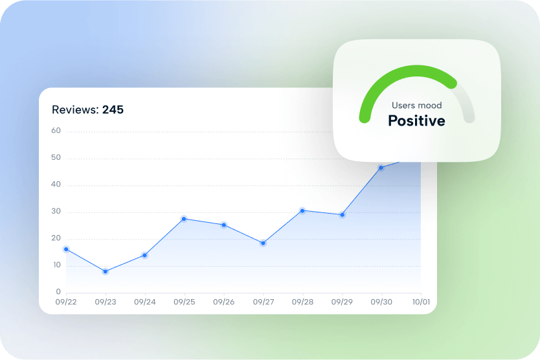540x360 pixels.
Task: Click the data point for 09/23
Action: point(106,271)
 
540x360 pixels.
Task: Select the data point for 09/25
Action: point(184,219)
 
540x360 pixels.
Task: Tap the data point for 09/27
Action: point(263,243)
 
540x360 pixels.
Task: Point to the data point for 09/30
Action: point(381,168)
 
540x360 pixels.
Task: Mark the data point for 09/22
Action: point(66,249)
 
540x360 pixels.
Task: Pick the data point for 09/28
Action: point(302,210)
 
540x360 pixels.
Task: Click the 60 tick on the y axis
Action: point(56,131)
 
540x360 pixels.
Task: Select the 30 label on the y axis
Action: point(56,211)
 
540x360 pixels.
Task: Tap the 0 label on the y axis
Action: point(58,292)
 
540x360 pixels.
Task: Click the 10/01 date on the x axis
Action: point(421,302)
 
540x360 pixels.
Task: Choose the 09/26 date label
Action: point(224,302)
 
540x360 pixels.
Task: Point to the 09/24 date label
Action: point(145,302)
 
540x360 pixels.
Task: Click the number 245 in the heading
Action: point(113,109)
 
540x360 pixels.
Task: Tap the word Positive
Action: point(417,121)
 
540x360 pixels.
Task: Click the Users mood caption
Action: point(417,106)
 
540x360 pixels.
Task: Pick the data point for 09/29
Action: point(342,215)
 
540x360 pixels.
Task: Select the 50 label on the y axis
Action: point(56,157)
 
